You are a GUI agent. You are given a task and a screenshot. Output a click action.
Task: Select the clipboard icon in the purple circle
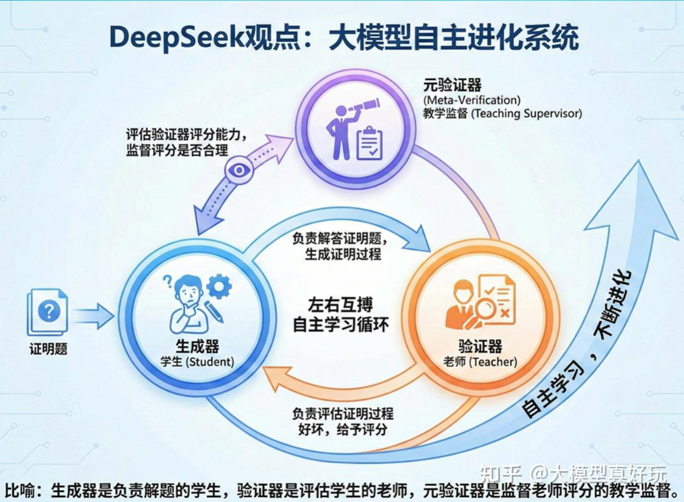click(370, 143)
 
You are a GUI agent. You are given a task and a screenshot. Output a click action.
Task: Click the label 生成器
click(196, 345)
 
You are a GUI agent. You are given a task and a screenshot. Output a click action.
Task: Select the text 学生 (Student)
click(196, 361)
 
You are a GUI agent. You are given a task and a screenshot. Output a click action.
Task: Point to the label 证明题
click(48, 349)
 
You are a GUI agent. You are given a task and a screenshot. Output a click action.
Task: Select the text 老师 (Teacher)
click(480, 361)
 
